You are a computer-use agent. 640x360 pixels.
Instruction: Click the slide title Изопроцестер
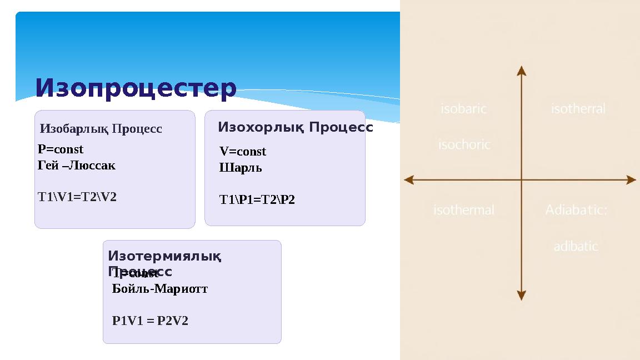click(x=136, y=88)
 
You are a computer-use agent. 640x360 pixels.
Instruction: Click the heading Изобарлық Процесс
click(x=101, y=129)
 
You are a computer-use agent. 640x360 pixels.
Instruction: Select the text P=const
click(x=61, y=149)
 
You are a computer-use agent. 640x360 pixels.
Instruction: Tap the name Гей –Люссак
click(x=77, y=166)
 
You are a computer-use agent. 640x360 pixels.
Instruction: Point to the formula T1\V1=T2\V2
click(x=77, y=197)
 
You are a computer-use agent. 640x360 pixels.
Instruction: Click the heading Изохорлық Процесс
click(x=295, y=127)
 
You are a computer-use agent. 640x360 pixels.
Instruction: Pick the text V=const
click(x=243, y=152)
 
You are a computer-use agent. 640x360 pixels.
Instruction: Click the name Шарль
click(x=241, y=168)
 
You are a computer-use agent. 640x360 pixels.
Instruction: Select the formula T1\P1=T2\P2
click(x=257, y=199)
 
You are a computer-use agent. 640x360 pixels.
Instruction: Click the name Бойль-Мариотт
click(x=160, y=289)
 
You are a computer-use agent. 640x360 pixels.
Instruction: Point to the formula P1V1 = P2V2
click(x=150, y=321)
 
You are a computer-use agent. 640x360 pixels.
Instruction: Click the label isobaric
click(x=463, y=109)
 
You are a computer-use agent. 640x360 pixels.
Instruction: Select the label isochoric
click(x=464, y=145)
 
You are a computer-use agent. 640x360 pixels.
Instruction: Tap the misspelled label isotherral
click(x=578, y=109)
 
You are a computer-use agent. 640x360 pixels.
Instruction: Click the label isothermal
click(x=464, y=210)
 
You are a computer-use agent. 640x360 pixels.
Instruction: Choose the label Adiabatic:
click(x=576, y=210)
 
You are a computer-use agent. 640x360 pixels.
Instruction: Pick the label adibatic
click(x=576, y=246)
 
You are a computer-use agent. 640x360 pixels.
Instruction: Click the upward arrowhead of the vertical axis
click(x=521, y=70)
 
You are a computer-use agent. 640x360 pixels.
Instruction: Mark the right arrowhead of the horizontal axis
click(x=631, y=180)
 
